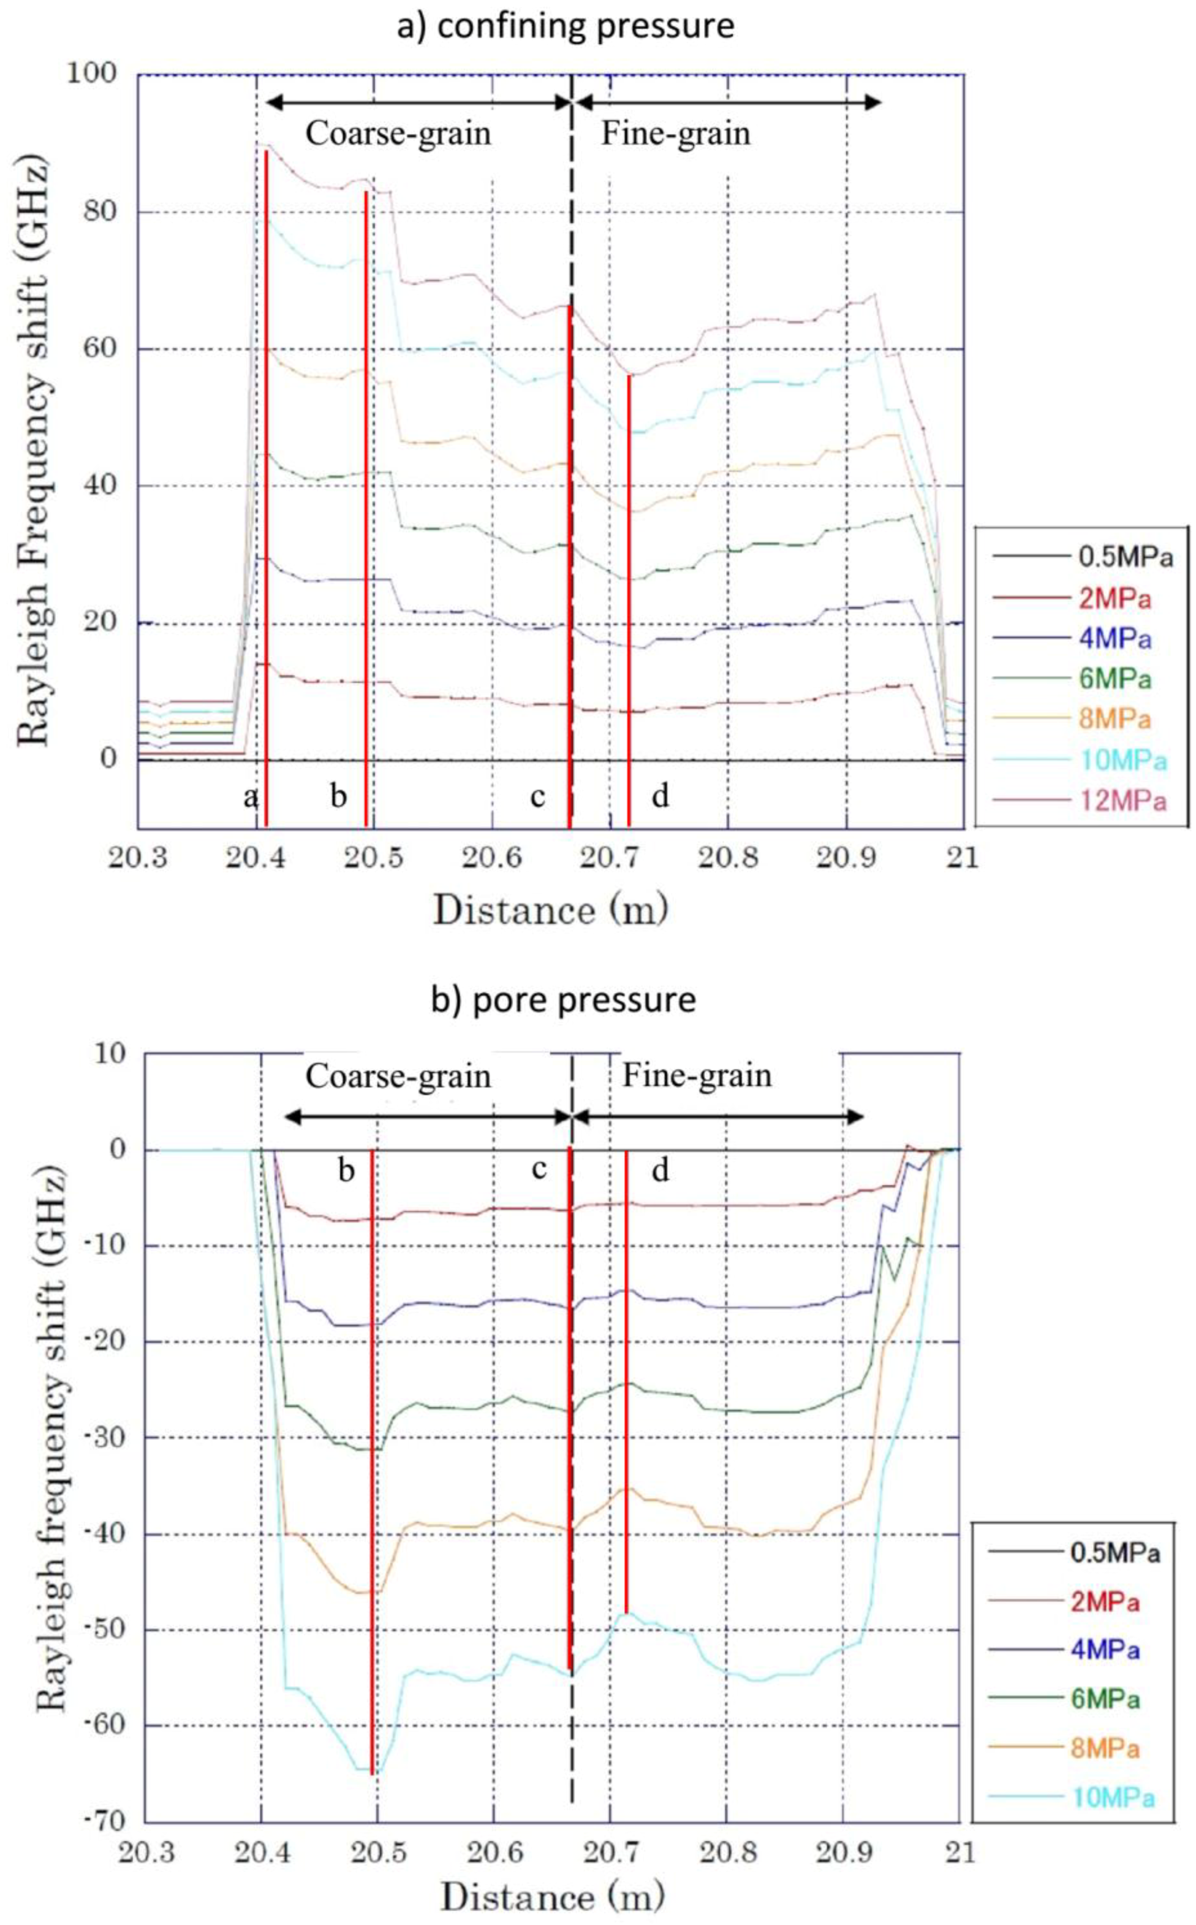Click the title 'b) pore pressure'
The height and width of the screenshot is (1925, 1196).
click(x=563, y=999)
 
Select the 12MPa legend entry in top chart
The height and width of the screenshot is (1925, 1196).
click(x=1122, y=801)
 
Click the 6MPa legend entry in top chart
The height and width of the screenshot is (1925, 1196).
click(x=1115, y=679)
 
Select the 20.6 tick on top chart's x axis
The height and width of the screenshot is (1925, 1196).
click(x=493, y=858)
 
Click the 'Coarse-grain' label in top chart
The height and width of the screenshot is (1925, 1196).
click(x=398, y=134)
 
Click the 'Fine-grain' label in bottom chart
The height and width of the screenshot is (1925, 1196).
click(x=696, y=1075)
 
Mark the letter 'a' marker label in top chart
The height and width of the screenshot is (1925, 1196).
click(x=250, y=797)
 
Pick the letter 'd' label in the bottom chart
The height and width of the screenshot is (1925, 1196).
click(x=660, y=1170)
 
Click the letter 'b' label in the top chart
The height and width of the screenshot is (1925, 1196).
click(x=339, y=797)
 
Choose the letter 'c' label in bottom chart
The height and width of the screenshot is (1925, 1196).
click(x=539, y=1168)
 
